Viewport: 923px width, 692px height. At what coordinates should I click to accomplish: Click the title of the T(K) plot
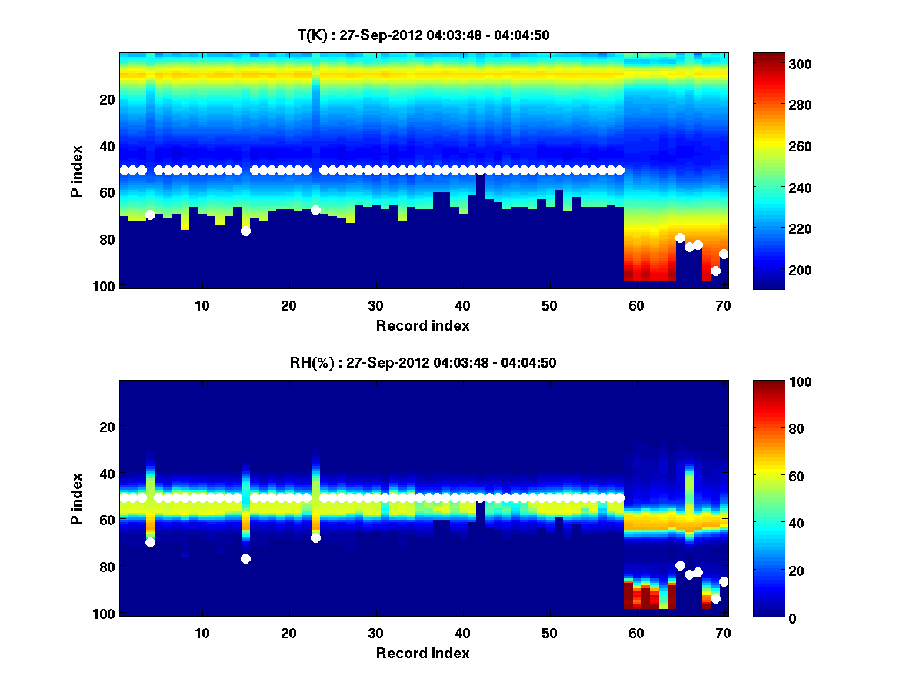(423, 35)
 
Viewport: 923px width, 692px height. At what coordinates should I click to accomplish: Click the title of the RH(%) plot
(423, 362)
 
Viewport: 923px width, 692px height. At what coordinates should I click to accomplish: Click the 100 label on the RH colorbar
(776, 382)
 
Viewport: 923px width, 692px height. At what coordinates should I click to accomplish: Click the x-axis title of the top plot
(423, 325)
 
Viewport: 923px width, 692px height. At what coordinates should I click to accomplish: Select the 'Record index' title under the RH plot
(423, 653)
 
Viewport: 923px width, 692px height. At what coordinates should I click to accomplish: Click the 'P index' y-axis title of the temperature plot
(77, 171)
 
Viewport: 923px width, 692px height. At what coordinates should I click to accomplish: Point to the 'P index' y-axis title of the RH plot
(77, 498)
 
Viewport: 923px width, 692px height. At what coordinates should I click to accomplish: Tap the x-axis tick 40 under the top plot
(462, 304)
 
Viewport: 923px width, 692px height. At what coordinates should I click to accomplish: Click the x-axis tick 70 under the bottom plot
(722, 633)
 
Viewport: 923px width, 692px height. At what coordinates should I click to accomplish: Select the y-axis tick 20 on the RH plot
(107, 427)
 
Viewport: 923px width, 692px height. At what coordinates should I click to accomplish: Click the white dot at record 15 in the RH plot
(245, 558)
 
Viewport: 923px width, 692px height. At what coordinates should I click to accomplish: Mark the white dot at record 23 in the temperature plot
(315, 210)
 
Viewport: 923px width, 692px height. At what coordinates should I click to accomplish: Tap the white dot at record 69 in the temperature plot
(715, 271)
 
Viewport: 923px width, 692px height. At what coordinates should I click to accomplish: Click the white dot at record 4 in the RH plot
(150, 542)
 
